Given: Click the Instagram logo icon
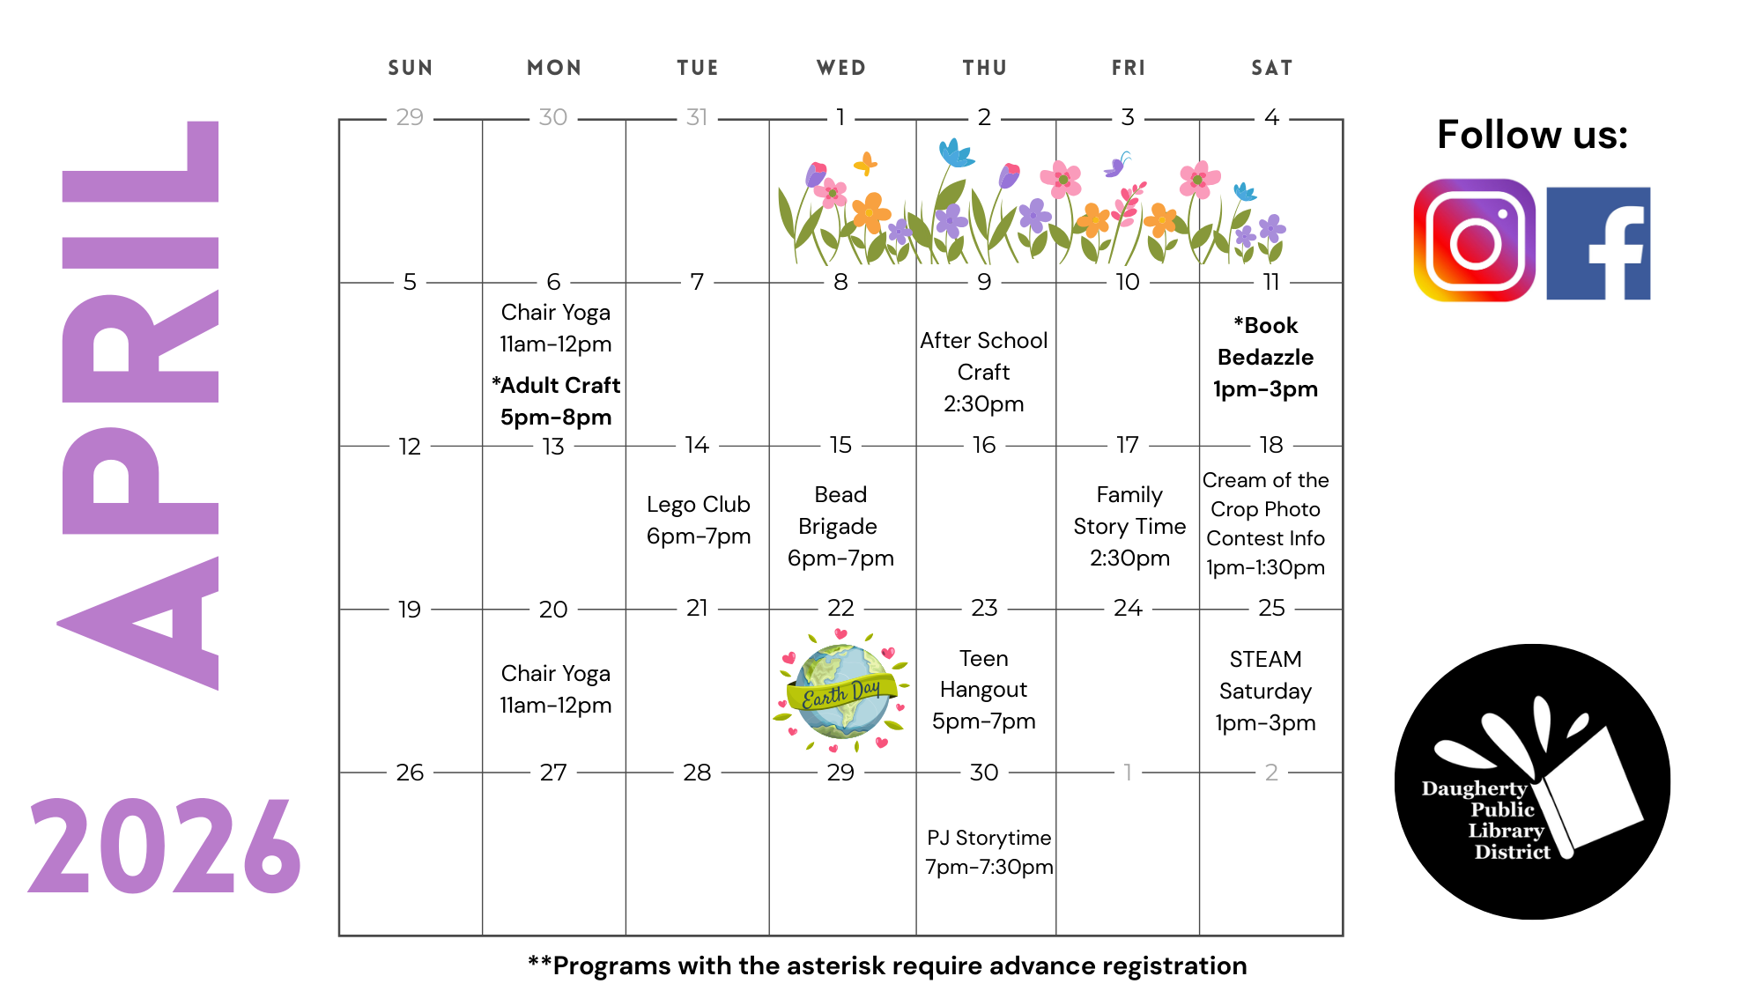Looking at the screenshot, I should tap(1474, 240).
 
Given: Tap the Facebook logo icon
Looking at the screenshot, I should tap(1598, 243).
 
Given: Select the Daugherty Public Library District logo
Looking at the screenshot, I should tap(1532, 781).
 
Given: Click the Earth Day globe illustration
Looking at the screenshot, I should tap(841, 691).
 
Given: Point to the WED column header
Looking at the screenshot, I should tap(841, 68).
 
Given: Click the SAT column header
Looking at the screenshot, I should tap(1272, 68).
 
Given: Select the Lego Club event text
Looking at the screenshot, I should tap(699, 520).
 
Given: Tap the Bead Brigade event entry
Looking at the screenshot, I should tap(840, 526).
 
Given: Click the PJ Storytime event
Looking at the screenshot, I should tap(988, 852).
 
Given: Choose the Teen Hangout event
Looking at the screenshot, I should tap(983, 690).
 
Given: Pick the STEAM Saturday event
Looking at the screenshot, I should tap(1265, 691).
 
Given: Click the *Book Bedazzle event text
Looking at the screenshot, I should tap(1265, 357).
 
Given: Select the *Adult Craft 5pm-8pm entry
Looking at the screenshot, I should tap(556, 401).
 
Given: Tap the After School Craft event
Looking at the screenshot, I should tap(983, 372).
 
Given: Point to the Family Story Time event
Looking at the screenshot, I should tap(1129, 526).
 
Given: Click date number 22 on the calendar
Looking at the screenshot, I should tap(840, 608).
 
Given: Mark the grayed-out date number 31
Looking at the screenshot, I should tap(697, 117).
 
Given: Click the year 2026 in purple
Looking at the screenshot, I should tap(165, 847).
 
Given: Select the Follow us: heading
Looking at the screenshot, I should tap(1532, 135).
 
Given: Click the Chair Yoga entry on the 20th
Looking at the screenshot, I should tap(556, 689).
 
